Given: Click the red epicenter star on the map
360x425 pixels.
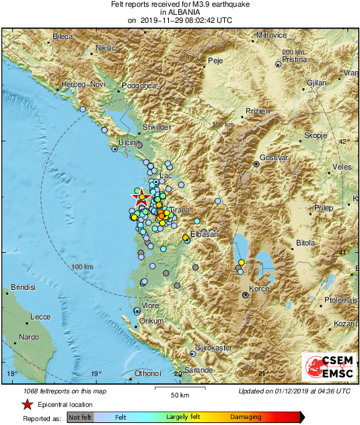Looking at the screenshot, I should click(141, 198).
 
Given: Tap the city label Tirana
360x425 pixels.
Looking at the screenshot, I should click(180, 210).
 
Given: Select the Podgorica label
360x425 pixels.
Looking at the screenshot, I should click(139, 85).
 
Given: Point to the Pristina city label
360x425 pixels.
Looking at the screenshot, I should click(294, 60).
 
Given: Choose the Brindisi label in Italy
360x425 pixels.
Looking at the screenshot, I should click(22, 287).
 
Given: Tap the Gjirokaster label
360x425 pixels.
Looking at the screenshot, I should click(213, 348).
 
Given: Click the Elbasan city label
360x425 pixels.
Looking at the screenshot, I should click(204, 234).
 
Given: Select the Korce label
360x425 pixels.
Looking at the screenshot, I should click(259, 289).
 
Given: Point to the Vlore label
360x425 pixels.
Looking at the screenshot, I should click(149, 305).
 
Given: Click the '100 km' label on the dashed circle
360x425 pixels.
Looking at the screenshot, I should click(81, 267).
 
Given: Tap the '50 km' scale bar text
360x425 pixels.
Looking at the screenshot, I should click(178, 395).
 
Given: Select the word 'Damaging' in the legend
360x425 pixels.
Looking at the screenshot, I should click(246, 417).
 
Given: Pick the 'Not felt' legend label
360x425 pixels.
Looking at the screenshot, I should click(81, 417).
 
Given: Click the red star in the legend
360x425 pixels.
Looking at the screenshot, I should click(27, 405).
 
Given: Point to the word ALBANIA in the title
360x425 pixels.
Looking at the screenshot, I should click(180, 12).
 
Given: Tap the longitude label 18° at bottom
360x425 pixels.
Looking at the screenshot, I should click(11, 373).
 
